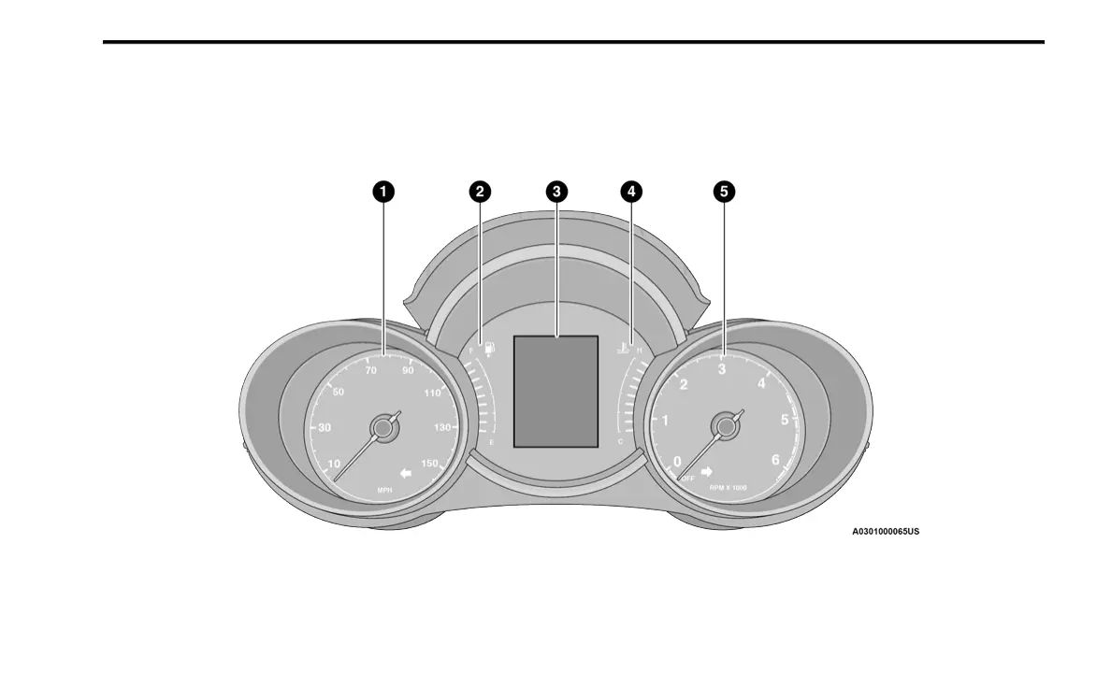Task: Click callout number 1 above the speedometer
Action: click(382, 192)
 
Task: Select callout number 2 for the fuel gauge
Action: click(479, 192)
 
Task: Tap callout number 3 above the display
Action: click(556, 192)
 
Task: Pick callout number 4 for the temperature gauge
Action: click(631, 192)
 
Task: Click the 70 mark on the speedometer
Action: click(371, 371)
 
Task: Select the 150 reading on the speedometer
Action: click(430, 463)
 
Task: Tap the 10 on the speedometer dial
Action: click(335, 463)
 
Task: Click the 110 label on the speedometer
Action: click(432, 394)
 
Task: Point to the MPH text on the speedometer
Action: click(384, 490)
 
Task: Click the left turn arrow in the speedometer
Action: click(404, 473)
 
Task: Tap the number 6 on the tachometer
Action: click(774, 459)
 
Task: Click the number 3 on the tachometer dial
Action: click(721, 369)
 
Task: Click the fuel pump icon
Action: click(489, 350)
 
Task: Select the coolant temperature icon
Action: click(622, 350)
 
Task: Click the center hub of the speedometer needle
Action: click(381, 428)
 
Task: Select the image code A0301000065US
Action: click(885, 532)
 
